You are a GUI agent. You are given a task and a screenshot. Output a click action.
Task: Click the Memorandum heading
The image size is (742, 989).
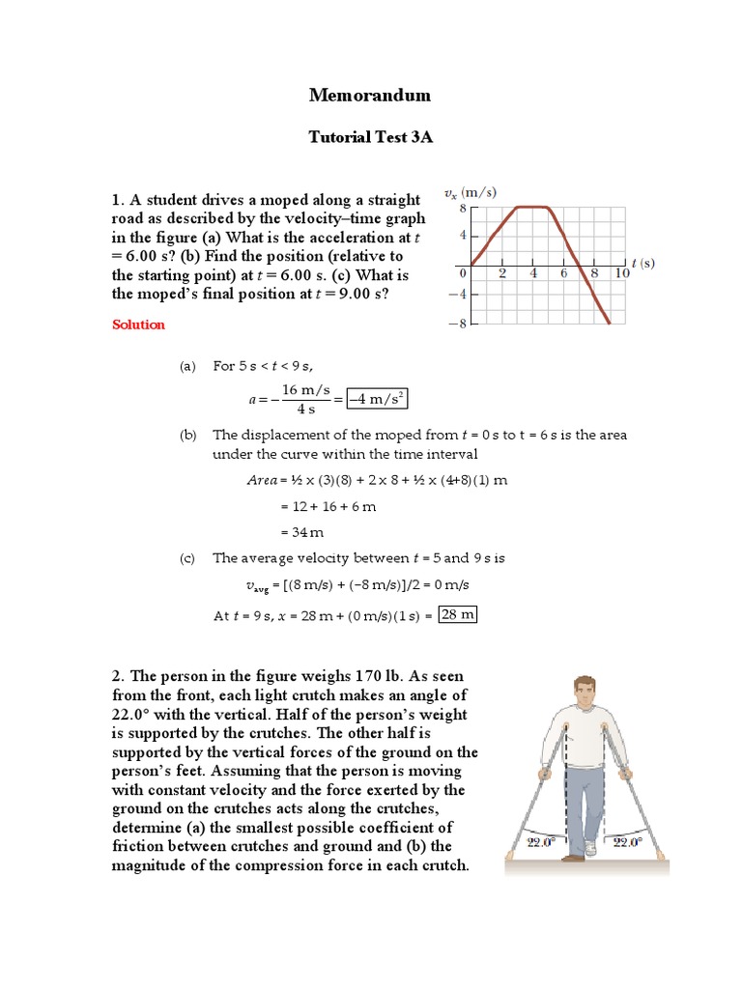tap(370, 95)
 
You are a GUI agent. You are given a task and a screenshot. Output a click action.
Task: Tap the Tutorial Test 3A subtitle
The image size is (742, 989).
tap(370, 137)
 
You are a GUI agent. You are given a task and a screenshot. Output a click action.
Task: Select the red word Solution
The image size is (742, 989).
tap(138, 325)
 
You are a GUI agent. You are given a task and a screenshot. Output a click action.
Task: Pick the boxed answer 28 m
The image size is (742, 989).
tap(457, 615)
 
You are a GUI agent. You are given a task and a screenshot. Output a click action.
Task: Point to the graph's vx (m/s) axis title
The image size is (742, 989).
tap(471, 192)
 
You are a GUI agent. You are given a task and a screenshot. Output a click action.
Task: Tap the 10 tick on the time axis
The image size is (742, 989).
tap(622, 273)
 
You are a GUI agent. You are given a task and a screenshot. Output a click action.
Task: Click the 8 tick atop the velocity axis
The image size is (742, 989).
tap(463, 207)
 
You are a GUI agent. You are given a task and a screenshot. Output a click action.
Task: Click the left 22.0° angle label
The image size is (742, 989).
tap(540, 842)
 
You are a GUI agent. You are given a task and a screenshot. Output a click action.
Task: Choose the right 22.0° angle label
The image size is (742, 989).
tap(627, 842)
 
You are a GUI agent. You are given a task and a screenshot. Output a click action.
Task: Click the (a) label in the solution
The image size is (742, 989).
tap(187, 366)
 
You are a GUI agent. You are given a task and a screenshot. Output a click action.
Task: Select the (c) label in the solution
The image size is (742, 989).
tap(187, 557)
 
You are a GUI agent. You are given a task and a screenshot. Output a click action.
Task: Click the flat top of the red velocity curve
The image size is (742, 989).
tap(532, 206)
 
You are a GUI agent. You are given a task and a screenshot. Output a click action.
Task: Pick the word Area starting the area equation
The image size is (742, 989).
tap(262, 480)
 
